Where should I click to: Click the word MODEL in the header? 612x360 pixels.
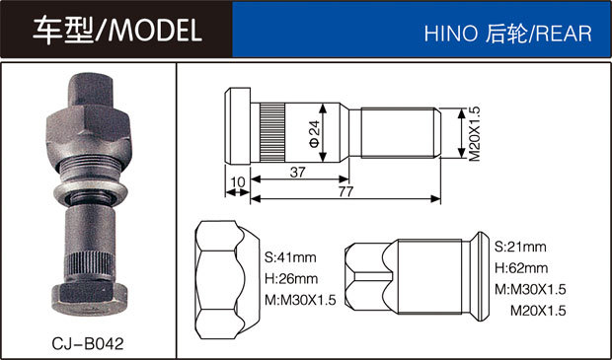click(x=155, y=30)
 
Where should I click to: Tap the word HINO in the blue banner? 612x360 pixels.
click(x=451, y=34)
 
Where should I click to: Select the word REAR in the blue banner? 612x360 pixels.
click(x=564, y=34)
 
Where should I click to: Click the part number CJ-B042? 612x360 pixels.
click(x=88, y=343)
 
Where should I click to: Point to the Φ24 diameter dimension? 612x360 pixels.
click(x=314, y=132)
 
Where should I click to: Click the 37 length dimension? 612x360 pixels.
click(x=297, y=172)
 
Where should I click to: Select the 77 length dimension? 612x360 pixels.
click(x=345, y=191)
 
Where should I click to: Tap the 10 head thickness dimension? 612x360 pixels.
click(x=238, y=182)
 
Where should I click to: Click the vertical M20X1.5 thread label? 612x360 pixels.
click(x=474, y=133)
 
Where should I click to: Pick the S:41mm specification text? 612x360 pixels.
click(x=290, y=257)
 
